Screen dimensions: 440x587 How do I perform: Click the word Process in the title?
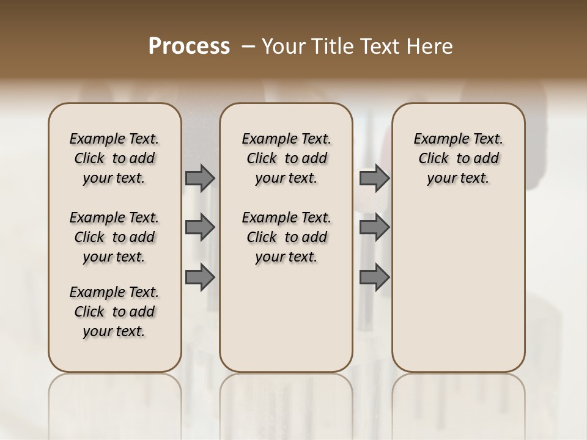(x=189, y=46)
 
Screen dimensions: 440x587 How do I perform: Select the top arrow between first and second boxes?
(x=200, y=178)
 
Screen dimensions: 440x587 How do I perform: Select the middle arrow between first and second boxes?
(x=200, y=228)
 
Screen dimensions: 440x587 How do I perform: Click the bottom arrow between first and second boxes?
(x=200, y=277)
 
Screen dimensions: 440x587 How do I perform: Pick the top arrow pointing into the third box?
(x=374, y=178)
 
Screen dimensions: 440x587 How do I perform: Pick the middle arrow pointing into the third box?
(x=374, y=228)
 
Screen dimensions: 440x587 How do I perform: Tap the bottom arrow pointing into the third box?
(x=374, y=277)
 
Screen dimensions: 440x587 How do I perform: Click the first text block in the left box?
(x=114, y=158)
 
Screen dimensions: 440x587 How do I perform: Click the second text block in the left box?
(x=114, y=237)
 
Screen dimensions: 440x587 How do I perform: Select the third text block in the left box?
(x=114, y=312)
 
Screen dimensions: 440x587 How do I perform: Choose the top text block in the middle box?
(x=286, y=158)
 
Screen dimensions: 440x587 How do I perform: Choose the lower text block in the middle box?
(x=286, y=237)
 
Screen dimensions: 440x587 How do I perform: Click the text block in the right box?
(x=459, y=158)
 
